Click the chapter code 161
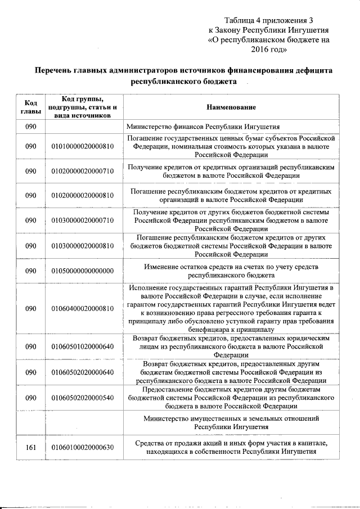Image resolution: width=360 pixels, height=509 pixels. pyautogui.click(x=30, y=448)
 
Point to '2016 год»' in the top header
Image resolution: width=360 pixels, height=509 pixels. pyautogui.click(x=268, y=51)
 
